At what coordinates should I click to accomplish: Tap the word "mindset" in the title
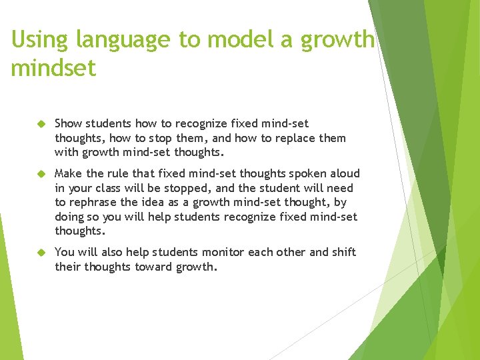tap(53, 69)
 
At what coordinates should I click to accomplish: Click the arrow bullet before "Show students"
tap(40, 124)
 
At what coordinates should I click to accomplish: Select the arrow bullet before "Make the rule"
tap(40, 174)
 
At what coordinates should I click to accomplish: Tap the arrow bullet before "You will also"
tap(40, 253)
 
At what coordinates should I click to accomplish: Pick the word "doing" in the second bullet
tap(69, 217)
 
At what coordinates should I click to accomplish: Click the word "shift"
tap(344, 252)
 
